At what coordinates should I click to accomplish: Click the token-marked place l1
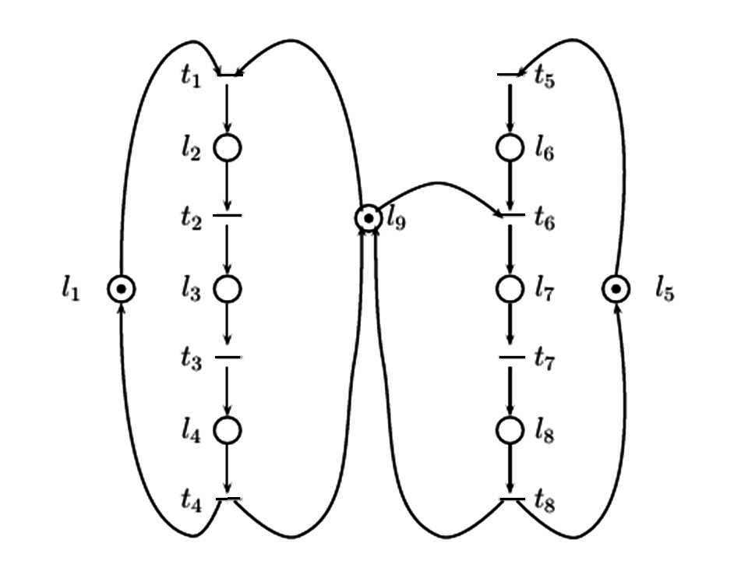point(121,289)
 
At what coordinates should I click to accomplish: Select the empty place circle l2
point(227,147)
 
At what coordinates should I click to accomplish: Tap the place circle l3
point(227,289)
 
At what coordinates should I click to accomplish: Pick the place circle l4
point(227,429)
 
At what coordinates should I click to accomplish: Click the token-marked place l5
point(616,289)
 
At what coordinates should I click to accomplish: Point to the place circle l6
point(510,147)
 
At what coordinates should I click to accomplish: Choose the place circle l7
point(510,289)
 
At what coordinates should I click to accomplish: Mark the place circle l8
point(510,429)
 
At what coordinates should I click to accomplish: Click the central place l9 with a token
point(368,217)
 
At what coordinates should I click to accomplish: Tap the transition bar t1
point(229,75)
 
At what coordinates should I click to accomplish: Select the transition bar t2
point(227,215)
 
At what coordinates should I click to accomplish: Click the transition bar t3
point(228,358)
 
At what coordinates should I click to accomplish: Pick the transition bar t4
point(228,498)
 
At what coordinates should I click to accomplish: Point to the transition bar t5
point(511,75)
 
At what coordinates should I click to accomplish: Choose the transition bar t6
point(511,215)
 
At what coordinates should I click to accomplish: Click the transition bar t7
point(511,358)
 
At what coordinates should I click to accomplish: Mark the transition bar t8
point(511,498)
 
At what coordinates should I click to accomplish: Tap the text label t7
point(544,360)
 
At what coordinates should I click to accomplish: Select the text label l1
point(70,291)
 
